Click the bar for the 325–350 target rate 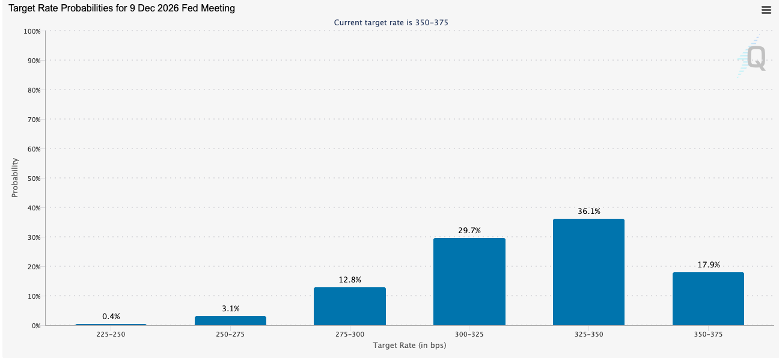588,272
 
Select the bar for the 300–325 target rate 469,282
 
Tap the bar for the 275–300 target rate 349,307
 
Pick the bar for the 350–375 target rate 708,299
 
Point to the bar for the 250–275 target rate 230,321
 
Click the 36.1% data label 589,211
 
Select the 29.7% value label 469,230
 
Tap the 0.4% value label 111,316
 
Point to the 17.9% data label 709,264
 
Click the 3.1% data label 231,308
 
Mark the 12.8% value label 350,279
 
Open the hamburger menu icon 766,10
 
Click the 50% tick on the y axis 34,178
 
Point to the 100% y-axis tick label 32,31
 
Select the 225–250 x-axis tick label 111,334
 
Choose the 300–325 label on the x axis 469,334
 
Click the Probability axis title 14,178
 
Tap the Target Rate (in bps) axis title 409,346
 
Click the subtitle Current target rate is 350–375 391,23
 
